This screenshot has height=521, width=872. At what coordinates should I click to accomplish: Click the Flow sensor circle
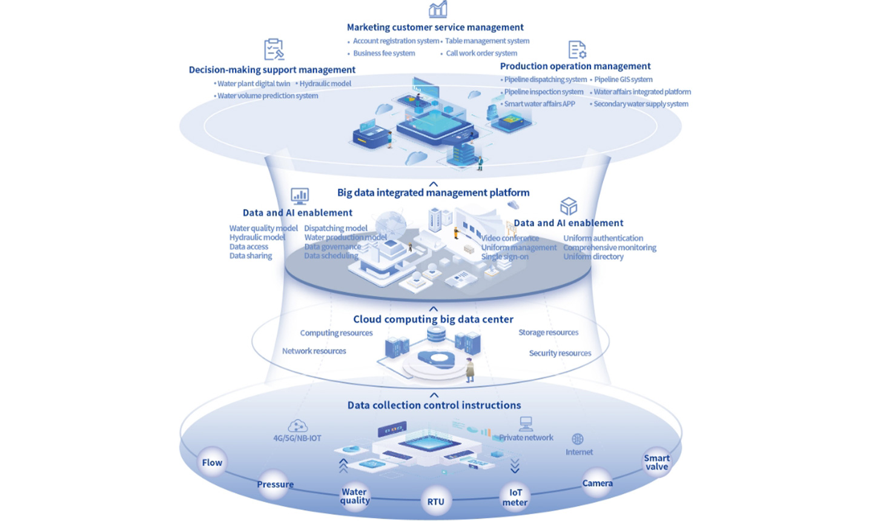point(212,463)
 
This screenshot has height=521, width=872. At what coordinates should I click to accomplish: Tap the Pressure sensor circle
point(275,485)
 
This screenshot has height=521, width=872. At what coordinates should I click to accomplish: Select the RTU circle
point(435,502)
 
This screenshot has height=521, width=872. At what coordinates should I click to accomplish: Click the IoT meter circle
point(515,497)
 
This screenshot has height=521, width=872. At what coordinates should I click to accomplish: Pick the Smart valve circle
point(656,462)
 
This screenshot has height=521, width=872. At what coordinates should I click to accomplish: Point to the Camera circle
point(597,483)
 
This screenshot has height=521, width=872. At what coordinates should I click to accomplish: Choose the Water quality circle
point(354,496)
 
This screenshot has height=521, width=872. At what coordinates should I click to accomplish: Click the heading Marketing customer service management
point(435,27)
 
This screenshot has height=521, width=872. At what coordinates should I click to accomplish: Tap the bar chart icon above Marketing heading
point(438,9)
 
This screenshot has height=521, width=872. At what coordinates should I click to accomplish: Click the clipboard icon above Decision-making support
point(274,49)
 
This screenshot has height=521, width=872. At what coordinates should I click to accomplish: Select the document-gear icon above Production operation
point(577,50)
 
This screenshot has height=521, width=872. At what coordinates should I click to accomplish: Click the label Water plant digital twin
point(254,84)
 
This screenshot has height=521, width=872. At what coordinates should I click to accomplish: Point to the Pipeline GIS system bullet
point(623,79)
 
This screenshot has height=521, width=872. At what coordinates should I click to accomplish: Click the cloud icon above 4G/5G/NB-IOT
point(297,425)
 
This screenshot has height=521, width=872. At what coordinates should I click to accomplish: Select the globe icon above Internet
point(578,439)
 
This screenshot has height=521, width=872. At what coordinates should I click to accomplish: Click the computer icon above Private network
point(526,423)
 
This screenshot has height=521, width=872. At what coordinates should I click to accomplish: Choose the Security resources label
point(560,353)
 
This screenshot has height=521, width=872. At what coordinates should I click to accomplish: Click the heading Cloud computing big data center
point(433,319)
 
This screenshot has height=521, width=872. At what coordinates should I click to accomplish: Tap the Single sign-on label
point(504,257)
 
